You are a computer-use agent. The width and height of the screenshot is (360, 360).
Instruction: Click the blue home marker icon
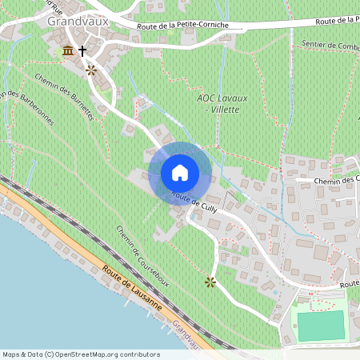click(179, 173)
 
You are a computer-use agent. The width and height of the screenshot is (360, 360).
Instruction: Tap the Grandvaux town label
click(78, 22)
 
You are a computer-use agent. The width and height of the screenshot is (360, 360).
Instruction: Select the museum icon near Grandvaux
click(67, 51)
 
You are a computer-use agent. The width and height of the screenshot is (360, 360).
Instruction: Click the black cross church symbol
click(82, 52)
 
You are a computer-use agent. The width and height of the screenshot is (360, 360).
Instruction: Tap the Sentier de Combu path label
click(325, 46)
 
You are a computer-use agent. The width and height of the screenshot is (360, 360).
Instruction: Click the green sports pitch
click(320, 325)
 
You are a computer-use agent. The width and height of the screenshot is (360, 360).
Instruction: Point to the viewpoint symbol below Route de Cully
click(210, 282)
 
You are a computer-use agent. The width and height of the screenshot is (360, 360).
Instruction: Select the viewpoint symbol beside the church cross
click(91, 70)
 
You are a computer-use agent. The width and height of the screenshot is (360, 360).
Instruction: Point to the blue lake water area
click(40, 280)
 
